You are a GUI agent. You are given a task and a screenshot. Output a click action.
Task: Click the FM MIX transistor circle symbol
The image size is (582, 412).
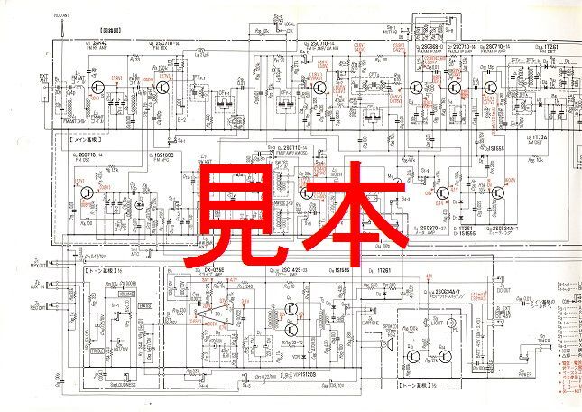tap(163, 89)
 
